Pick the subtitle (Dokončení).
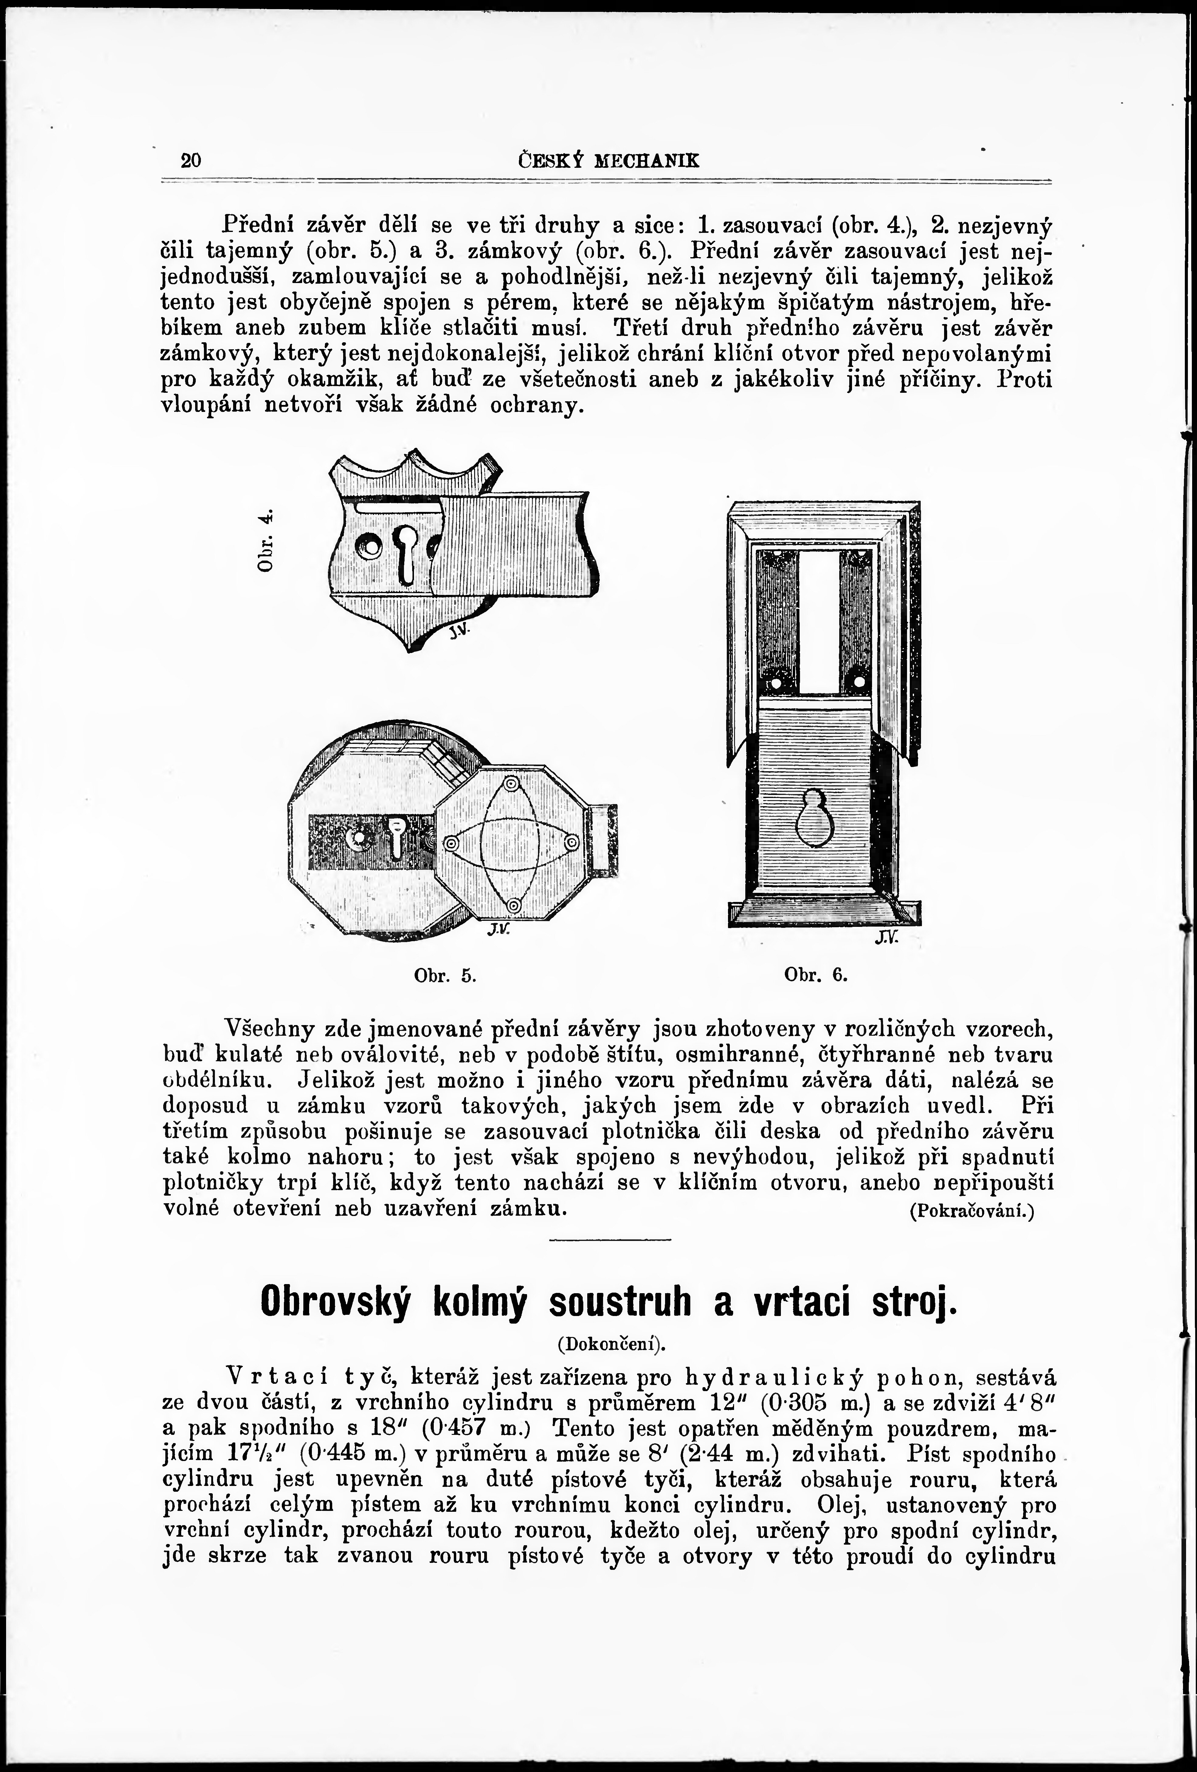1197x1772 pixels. (x=608, y=1344)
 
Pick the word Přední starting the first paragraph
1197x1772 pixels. (x=258, y=225)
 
